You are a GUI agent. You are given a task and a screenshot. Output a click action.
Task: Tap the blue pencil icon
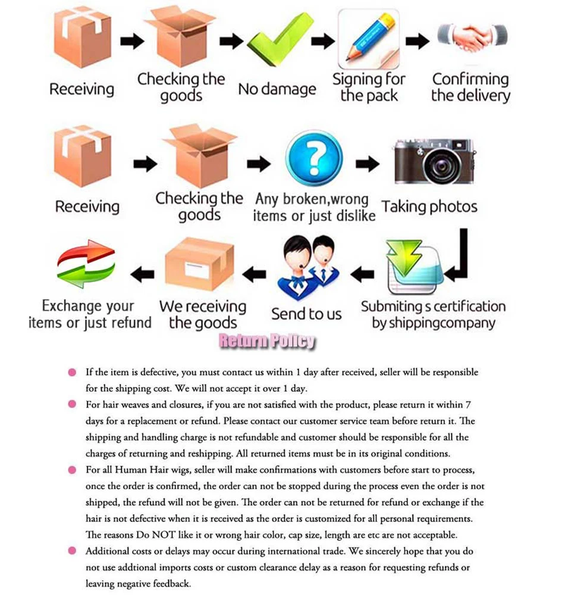tap(369, 37)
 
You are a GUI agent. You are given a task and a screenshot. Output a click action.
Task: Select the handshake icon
tap(471, 37)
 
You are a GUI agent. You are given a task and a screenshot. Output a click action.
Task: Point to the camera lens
tap(437, 164)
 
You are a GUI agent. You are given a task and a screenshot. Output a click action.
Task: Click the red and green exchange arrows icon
tap(86, 264)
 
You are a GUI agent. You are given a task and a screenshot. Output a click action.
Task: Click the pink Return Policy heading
tap(267, 341)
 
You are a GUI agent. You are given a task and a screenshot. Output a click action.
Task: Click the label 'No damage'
tap(277, 89)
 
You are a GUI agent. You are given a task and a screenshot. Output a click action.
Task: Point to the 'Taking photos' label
tap(429, 206)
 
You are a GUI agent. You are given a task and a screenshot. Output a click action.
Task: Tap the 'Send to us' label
tap(306, 314)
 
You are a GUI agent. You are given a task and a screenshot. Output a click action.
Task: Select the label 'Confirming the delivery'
tap(470, 87)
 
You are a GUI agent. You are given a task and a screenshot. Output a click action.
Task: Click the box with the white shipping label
tap(199, 265)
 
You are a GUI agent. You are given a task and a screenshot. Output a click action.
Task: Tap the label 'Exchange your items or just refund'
tap(90, 314)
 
